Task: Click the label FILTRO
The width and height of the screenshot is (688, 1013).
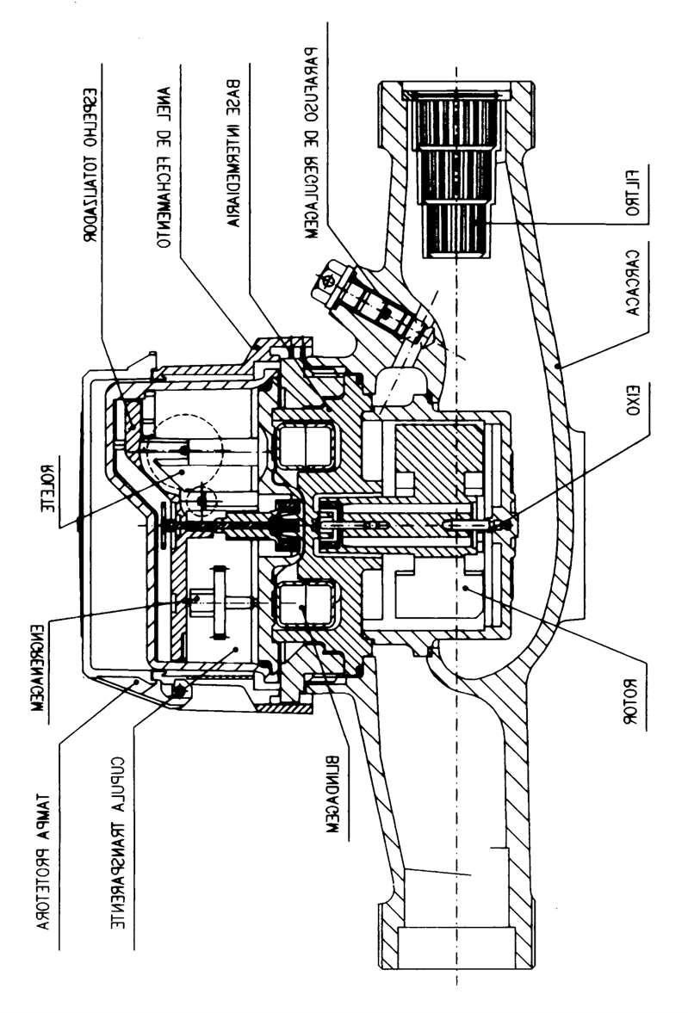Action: (633, 193)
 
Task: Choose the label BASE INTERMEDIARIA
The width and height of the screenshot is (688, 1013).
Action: (233, 154)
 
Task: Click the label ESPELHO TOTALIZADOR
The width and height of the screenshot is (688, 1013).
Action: (92, 164)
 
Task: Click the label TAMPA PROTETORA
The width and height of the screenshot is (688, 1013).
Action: (44, 859)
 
